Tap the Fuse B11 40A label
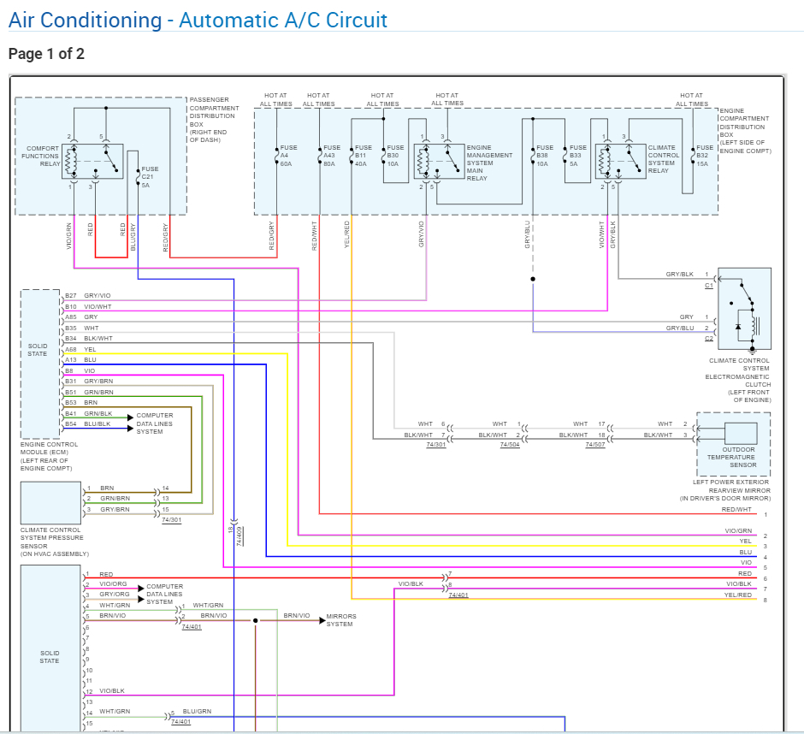coord(364,156)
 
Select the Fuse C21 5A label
coord(150,177)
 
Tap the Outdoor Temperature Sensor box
coord(733,444)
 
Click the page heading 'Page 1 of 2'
coord(46,54)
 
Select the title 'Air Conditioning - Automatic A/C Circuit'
coord(198,20)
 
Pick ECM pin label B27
coord(71,295)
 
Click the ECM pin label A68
coord(71,349)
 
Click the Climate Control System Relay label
coord(664,159)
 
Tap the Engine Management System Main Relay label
coord(489,163)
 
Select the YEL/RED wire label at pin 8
coord(738,595)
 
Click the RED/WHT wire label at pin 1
coord(736,509)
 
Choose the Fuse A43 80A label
coord(332,156)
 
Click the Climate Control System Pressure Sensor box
coord(50,503)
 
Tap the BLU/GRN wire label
coord(197,712)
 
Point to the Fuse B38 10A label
coord(545,156)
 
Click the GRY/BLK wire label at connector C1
coord(679,274)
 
